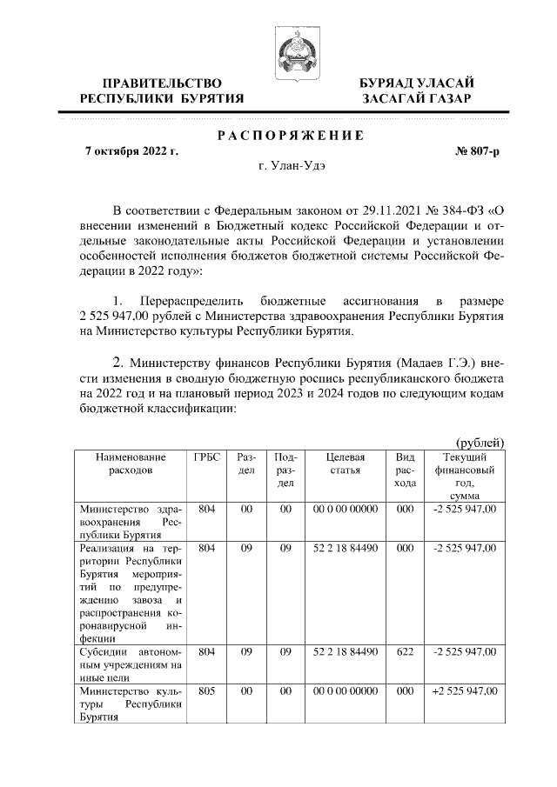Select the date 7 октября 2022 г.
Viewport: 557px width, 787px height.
click(x=131, y=151)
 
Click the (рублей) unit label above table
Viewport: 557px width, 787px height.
click(x=480, y=442)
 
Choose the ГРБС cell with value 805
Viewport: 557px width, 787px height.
click(x=207, y=690)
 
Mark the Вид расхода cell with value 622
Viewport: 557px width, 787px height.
click(x=404, y=651)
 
